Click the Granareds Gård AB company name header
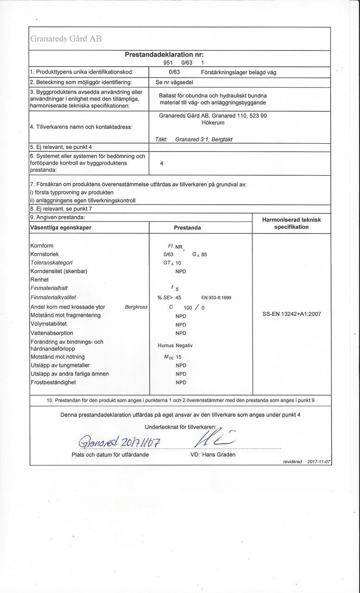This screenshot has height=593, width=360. pyautogui.click(x=66, y=39)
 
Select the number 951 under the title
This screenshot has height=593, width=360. pyautogui.click(x=169, y=63)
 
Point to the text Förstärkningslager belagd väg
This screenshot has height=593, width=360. pyautogui.click(x=239, y=72)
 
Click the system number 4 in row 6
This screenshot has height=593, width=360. pyautogui.click(x=161, y=163)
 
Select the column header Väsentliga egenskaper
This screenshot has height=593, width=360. pyautogui.click(x=61, y=227)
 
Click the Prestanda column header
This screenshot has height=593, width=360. pyautogui.click(x=187, y=228)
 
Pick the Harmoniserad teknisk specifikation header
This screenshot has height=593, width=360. pyautogui.click(x=291, y=224)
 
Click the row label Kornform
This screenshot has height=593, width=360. pyautogui.click(x=42, y=246)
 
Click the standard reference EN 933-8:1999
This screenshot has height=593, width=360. pyautogui.click(x=220, y=298)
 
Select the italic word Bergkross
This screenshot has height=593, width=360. pyautogui.click(x=136, y=307)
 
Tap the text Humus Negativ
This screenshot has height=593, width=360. pyautogui.click(x=175, y=346)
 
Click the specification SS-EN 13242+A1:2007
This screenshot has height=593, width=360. pyautogui.click(x=291, y=314)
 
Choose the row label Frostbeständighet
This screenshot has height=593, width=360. pyautogui.click(x=53, y=382)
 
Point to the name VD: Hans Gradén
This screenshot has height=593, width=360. pyautogui.click(x=213, y=454)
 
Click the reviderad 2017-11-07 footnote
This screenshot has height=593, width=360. pyautogui.click(x=306, y=462)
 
